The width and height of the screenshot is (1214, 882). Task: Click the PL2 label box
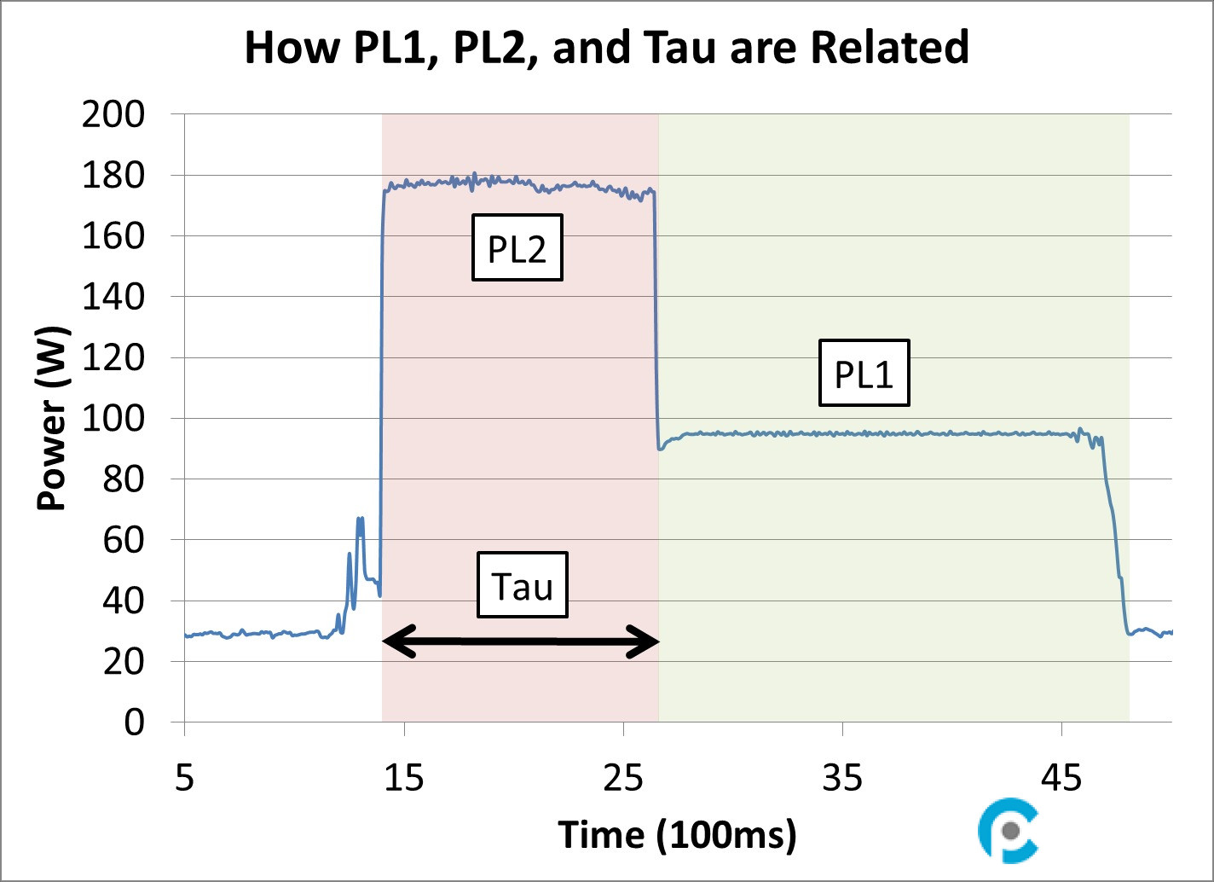coord(517,248)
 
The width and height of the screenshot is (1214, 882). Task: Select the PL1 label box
coord(864,374)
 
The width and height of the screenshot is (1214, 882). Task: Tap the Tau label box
coord(522,586)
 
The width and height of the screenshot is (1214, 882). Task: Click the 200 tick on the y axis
coord(113,114)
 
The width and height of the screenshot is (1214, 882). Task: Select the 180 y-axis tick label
coord(113,176)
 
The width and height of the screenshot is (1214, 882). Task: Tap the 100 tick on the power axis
coord(113,419)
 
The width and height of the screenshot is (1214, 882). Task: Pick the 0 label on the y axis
coord(134,722)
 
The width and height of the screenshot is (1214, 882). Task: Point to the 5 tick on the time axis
coord(185,778)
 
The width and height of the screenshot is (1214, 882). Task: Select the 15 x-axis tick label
coord(404,778)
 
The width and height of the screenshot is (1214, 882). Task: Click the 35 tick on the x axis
coord(842,778)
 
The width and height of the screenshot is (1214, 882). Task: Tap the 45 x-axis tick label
coord(1061,778)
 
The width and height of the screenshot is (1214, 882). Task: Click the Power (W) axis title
coord(52,418)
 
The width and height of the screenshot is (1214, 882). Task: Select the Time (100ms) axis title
coord(677,834)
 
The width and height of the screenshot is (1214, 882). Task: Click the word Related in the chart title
coord(889,48)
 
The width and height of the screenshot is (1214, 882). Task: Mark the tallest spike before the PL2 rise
coord(360,519)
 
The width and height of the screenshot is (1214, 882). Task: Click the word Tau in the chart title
coord(676,48)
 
